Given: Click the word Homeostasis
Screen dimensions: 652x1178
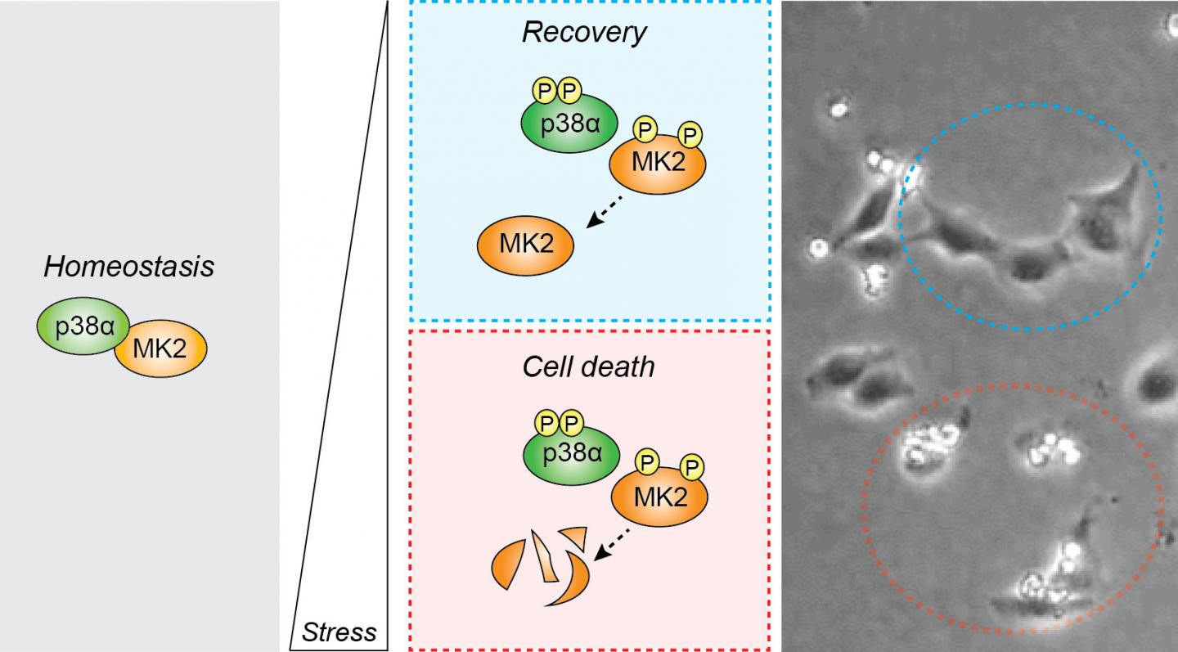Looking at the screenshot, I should coord(128,267).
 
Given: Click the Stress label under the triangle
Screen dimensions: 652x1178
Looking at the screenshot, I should coord(339,632).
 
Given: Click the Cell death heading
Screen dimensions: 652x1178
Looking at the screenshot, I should coord(589,366).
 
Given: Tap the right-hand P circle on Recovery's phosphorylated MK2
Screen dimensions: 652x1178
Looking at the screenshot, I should coord(692,133).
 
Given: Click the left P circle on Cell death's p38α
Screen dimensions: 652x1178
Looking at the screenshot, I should coord(545,424).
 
